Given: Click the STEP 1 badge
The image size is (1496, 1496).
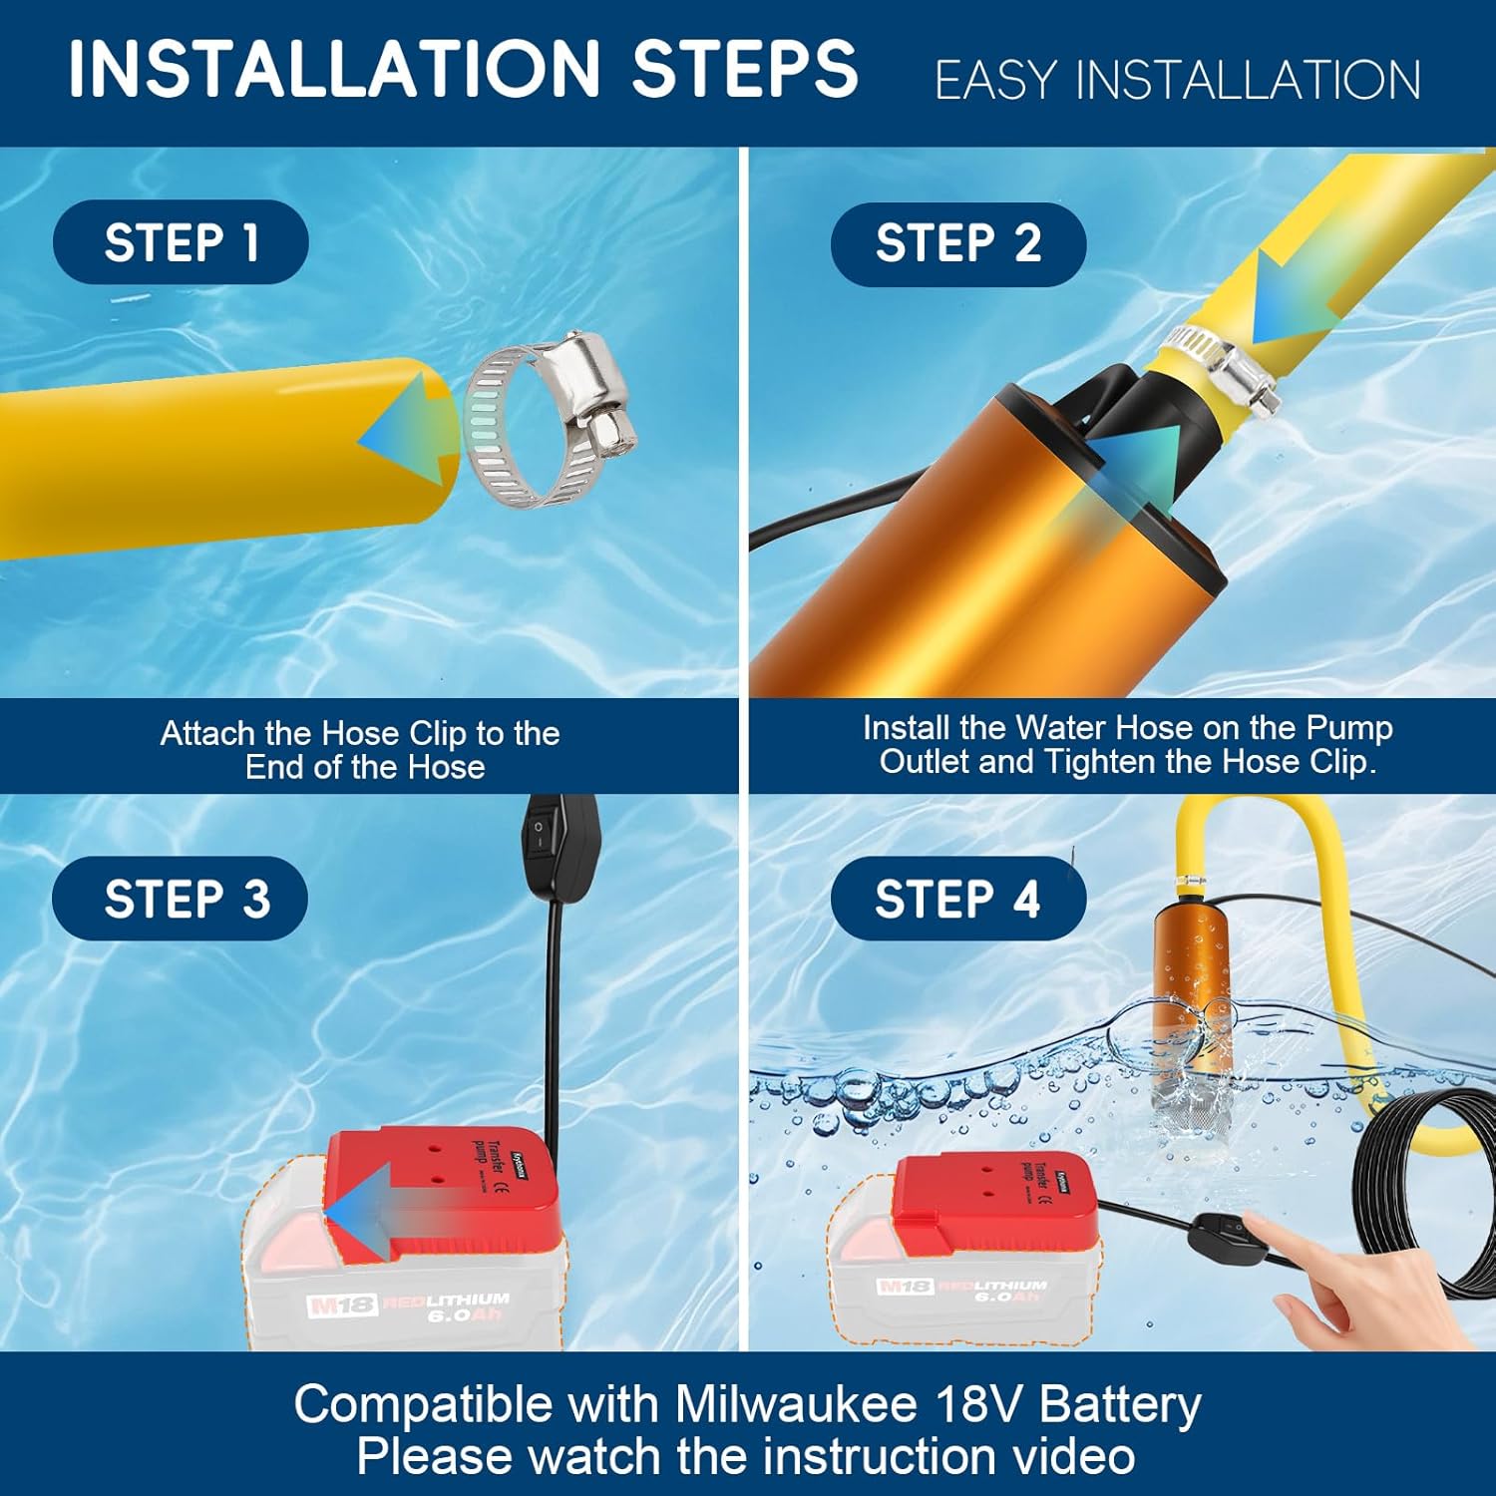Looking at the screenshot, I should [181, 242].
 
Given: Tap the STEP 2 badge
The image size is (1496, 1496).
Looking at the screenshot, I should [957, 243].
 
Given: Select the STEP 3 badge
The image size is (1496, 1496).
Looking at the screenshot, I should [181, 899].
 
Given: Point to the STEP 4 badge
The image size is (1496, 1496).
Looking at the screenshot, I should [957, 899].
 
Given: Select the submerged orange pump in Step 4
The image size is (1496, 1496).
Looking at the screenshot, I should [1192, 1017].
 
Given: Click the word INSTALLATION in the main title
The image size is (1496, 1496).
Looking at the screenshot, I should [333, 69].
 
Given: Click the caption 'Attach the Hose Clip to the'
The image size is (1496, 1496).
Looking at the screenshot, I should [360, 733].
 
